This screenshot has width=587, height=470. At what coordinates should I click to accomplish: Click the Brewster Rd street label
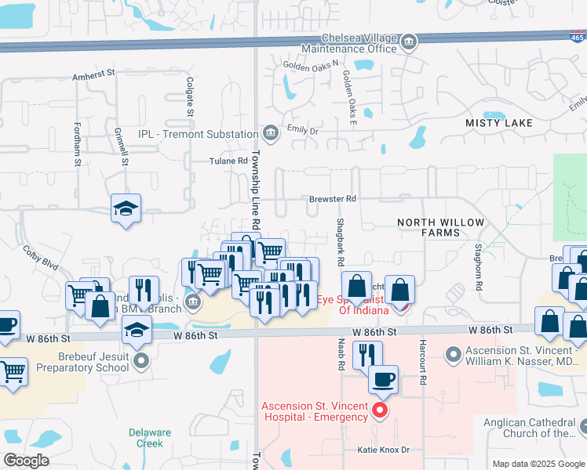point(332,199)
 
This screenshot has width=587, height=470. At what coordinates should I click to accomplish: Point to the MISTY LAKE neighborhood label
point(498,123)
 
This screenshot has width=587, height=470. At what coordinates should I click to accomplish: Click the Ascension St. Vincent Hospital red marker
point(380,409)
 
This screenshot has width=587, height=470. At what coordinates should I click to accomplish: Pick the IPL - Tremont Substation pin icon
point(270,134)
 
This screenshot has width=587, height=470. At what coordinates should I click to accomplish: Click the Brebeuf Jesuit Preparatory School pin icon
point(141,360)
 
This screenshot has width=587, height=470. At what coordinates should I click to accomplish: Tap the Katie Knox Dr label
point(384,450)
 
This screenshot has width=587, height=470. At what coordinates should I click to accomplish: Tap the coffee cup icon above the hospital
point(383,380)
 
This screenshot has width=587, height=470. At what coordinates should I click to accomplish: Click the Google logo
point(27,461)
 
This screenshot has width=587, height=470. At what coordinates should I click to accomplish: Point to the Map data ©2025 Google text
point(538,464)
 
